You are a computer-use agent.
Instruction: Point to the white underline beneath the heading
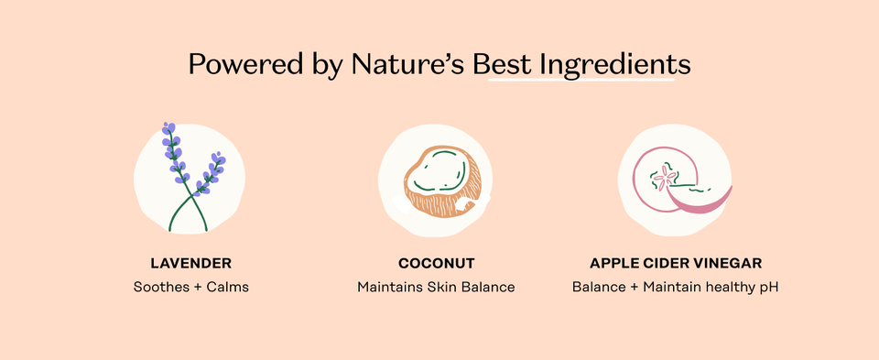(x=582, y=81)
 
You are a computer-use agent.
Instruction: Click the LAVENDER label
(x=190, y=263)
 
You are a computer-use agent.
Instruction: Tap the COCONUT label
(x=436, y=263)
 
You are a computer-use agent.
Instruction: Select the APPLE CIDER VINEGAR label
(x=676, y=263)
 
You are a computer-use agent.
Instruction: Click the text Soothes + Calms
(x=190, y=288)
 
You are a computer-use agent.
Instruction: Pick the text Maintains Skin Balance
(x=436, y=288)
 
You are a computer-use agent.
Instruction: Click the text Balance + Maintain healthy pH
(x=676, y=288)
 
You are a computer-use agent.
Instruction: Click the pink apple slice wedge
(x=700, y=198)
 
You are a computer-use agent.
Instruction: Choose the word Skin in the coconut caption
(x=446, y=288)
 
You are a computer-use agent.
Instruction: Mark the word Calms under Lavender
(x=228, y=288)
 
